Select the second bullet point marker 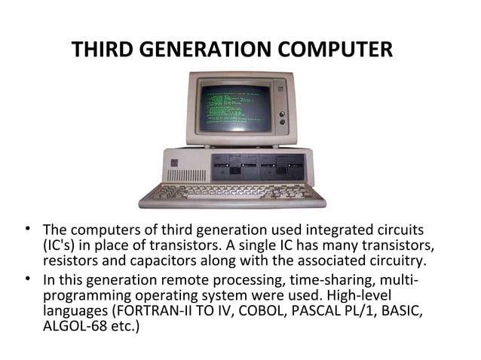point(27,279)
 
